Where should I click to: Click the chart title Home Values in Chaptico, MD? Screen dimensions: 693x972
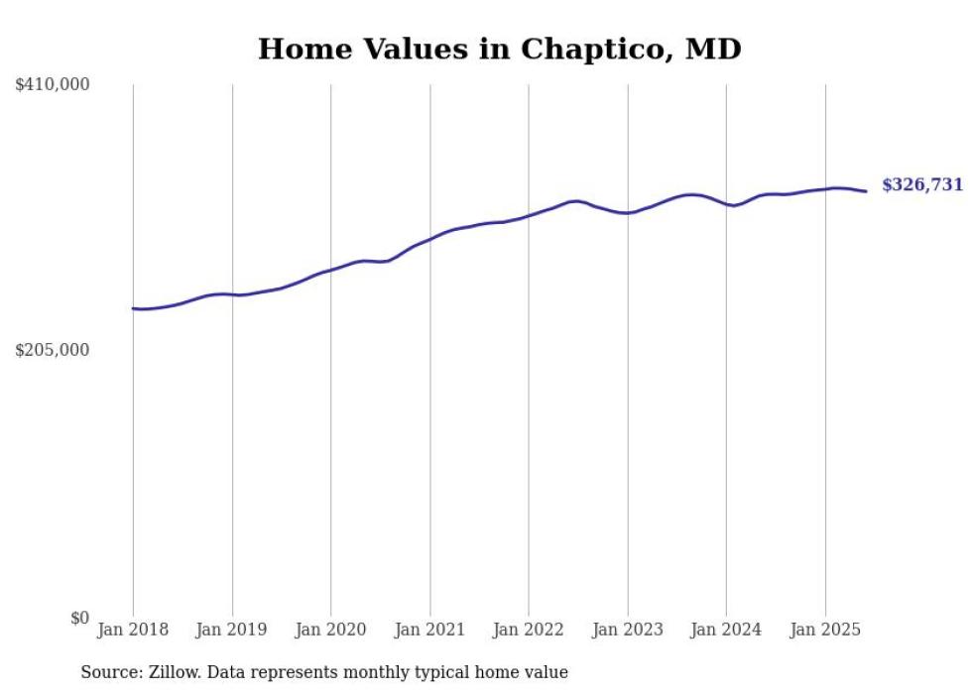point(499,49)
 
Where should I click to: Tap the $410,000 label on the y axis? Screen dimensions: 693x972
point(53,85)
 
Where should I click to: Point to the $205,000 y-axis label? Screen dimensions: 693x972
point(53,350)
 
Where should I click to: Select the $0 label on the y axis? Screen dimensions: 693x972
point(79,618)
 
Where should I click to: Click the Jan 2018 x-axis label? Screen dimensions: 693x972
point(133,630)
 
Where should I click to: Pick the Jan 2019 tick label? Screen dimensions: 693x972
point(232,630)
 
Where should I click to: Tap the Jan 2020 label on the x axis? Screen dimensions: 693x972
point(331,630)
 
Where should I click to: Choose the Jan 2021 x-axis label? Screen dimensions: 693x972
point(429,630)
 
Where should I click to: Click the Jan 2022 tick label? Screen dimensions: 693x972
point(529,630)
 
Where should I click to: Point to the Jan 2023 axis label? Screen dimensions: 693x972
point(627,630)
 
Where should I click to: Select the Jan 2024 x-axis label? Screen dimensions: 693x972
point(726,630)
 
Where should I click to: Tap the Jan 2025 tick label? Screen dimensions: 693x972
point(825,630)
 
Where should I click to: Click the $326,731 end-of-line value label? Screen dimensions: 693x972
point(921,185)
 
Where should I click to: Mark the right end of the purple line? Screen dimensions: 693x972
point(867,191)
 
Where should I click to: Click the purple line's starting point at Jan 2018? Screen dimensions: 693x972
point(133,308)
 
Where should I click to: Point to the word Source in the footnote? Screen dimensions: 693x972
point(107,672)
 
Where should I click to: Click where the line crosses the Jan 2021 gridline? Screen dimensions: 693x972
point(429,239)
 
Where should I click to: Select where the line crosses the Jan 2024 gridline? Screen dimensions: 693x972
point(726,204)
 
